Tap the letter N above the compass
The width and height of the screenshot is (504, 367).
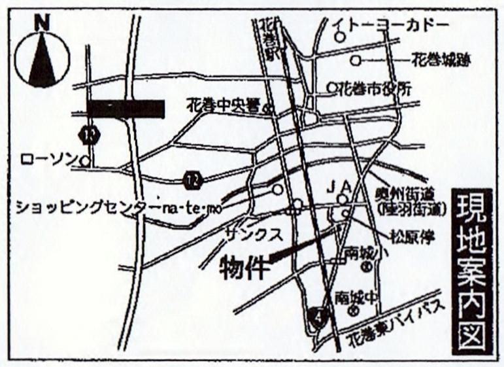[42, 21]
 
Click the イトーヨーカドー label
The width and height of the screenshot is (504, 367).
[390, 26]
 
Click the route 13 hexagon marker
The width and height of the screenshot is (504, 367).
[88, 134]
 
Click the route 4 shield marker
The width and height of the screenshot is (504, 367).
[318, 315]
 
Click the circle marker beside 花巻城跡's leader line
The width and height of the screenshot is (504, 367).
[355, 61]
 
